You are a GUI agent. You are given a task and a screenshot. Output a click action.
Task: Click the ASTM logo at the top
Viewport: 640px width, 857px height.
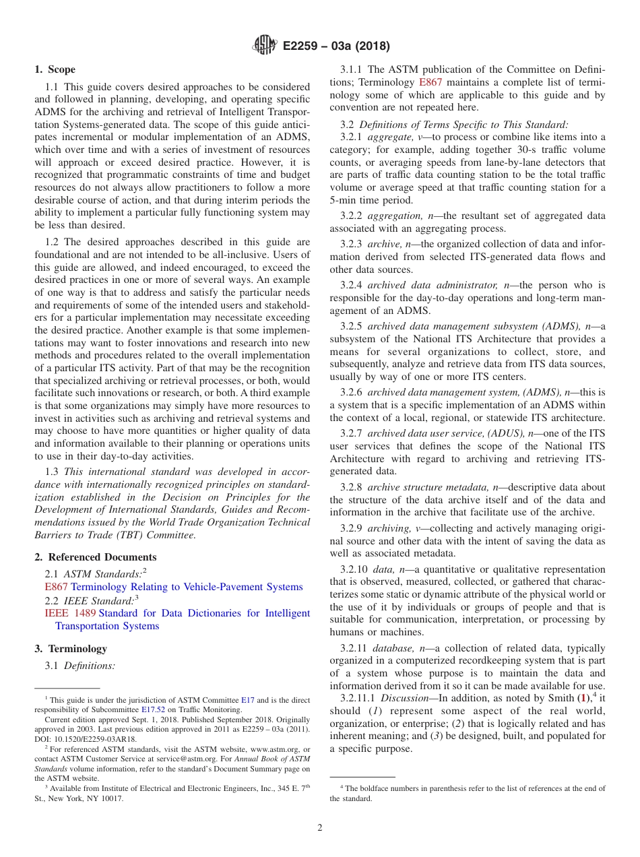(264, 46)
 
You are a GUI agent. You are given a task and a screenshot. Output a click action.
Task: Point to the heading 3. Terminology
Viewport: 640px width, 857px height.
(71, 649)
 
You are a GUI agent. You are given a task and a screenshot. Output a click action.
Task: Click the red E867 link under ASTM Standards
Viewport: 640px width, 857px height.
(56, 587)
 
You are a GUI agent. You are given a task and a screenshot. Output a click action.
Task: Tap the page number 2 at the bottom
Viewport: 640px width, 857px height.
(320, 828)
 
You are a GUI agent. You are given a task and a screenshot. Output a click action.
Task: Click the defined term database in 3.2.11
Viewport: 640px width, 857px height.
(393, 648)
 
